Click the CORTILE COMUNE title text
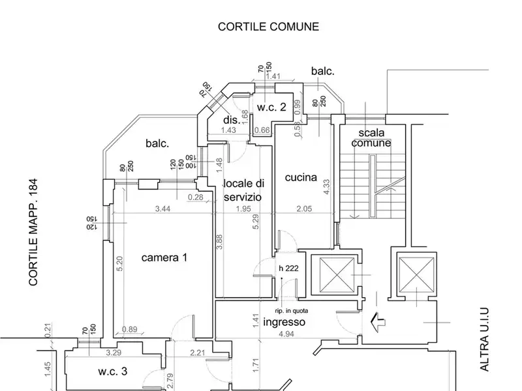[x=268, y=27]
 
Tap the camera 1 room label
[x=164, y=258]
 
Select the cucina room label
[x=301, y=177]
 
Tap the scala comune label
[x=370, y=137]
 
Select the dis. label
[x=230, y=120]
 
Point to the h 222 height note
[x=289, y=268]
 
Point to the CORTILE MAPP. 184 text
[x=34, y=233]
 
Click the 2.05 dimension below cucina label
[x=305, y=210]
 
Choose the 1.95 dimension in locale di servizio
[x=243, y=210]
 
